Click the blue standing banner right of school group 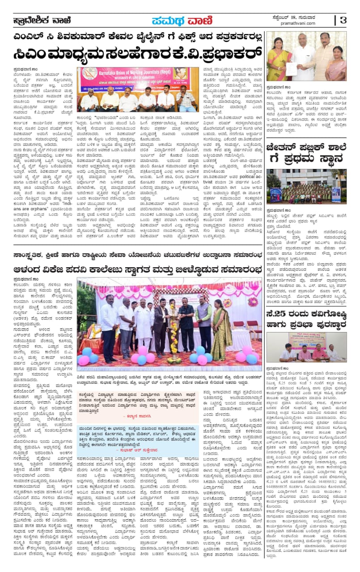click(x=335, y=195)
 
